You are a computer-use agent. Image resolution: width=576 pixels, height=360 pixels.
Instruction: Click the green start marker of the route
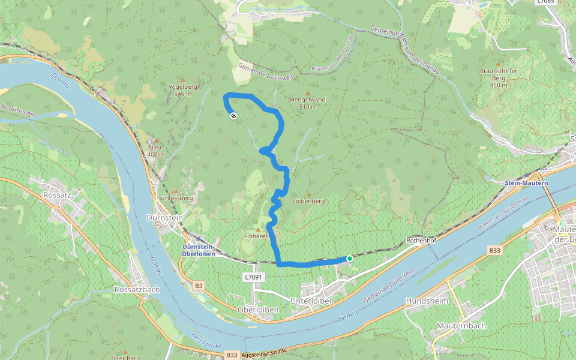350,259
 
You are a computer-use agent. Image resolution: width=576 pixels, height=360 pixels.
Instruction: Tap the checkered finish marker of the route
233,116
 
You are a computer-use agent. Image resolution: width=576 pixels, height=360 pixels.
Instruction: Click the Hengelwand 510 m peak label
307,103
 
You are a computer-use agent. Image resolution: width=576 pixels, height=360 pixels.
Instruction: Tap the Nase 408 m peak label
155,151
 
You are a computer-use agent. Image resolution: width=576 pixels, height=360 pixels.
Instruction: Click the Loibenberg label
308,201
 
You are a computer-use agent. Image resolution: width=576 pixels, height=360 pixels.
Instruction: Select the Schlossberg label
175,197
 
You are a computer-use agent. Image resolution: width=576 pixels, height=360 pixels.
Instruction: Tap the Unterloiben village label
311,301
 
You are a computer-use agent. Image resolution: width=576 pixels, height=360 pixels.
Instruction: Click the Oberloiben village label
257,309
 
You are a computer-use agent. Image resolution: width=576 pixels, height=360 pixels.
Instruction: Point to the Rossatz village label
58,195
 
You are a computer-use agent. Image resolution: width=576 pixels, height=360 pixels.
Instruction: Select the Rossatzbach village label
136,289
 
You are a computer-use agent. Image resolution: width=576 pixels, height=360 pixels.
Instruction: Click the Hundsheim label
427,301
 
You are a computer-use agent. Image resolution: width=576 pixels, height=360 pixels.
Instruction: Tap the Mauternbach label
461,326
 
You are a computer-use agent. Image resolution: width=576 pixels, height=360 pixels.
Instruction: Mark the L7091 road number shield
254,277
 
